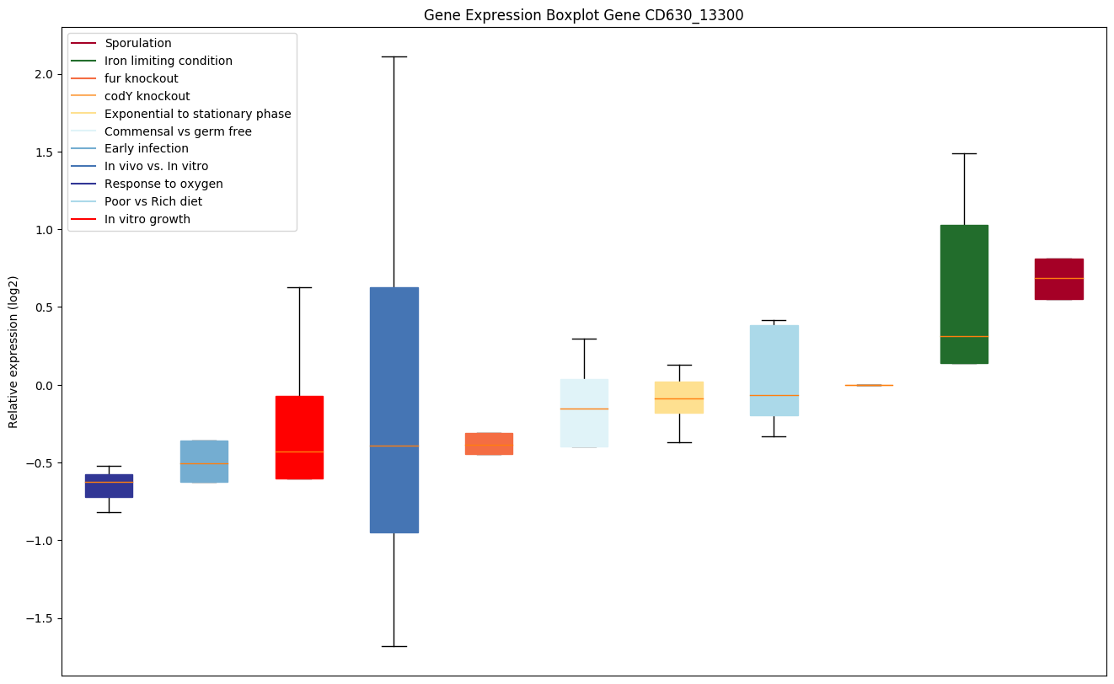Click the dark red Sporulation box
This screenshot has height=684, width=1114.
pos(1058,279)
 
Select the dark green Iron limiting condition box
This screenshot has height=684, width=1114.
pos(964,294)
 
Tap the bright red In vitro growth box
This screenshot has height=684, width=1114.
pos(299,437)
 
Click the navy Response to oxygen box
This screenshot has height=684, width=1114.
pos(109,486)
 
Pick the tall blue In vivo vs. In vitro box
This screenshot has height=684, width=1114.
pos(394,410)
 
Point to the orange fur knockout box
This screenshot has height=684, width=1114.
pos(489,443)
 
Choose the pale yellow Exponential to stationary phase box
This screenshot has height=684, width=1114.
pos(679,398)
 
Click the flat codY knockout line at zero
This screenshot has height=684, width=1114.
pos(869,385)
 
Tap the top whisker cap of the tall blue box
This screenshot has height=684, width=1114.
pos(394,56)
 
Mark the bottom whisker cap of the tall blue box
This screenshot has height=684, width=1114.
pos(394,646)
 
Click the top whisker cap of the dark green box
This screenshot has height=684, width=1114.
pos(964,153)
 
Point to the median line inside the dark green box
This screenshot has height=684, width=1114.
pos(964,337)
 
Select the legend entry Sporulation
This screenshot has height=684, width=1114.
pos(137,43)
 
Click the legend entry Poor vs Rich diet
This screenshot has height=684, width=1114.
pos(153,201)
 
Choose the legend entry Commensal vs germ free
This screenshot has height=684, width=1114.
pos(178,131)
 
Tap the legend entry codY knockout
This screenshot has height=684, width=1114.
pos(147,96)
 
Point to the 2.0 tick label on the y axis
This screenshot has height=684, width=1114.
pos(43,74)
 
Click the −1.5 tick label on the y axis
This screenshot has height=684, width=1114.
pos(39,618)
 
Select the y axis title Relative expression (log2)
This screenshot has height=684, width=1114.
pos(13,352)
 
